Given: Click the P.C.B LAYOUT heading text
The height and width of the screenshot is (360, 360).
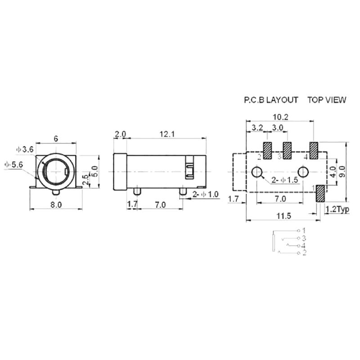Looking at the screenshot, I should tap(271, 100).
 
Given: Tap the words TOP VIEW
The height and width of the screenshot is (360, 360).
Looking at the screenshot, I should tap(327, 100).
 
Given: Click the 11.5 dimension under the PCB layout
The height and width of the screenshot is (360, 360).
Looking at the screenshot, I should tap(283, 216).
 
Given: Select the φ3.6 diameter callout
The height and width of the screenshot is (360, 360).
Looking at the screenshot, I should tap(25, 149).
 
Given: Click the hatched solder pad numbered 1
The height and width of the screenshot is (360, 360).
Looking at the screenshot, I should tap(320, 193).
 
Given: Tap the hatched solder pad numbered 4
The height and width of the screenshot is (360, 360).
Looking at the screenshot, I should tap(314, 150).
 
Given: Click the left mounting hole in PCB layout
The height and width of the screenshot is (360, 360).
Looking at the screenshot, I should tap(257, 172).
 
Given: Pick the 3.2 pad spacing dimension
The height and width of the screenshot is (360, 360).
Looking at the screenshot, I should tap(257, 128).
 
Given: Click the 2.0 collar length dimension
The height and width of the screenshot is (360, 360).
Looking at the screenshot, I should tap(120, 134).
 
